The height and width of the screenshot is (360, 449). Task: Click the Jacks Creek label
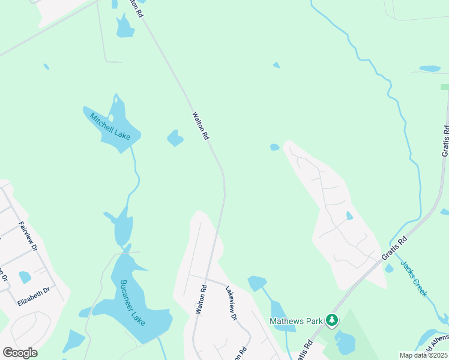coord(414,278)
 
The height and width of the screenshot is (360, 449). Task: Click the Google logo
coord(20,353)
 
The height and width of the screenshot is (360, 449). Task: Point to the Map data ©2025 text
coord(423,355)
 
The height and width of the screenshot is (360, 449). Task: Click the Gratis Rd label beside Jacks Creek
coord(394,247)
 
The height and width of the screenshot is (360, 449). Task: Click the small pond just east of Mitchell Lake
coord(175,139)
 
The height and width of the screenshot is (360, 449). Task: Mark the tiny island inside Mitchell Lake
coord(110,118)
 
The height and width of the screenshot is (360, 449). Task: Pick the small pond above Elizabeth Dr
coord(25,277)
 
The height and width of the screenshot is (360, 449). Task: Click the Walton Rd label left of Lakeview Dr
coord(201,299)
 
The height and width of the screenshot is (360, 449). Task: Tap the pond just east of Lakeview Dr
coord(257,282)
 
